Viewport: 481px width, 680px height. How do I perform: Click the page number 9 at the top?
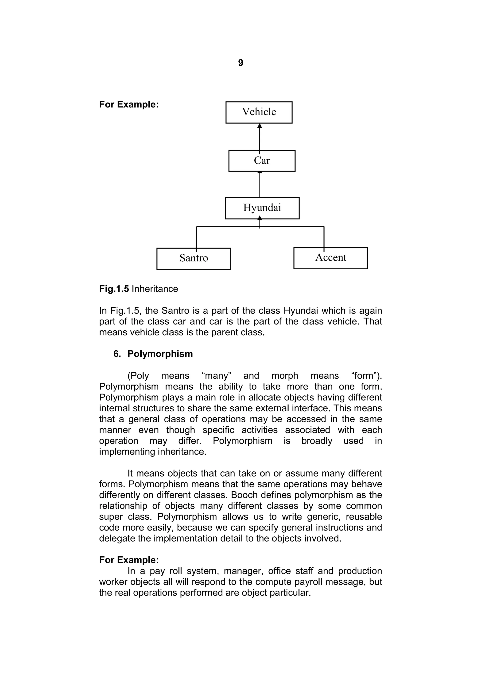[240, 63]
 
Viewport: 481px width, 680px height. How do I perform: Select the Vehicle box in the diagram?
[259, 112]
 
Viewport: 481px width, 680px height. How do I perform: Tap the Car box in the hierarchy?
[262, 161]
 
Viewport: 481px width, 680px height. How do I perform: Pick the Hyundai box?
[262, 208]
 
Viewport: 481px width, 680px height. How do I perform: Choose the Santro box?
[194, 258]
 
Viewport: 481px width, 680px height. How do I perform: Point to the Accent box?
[330, 258]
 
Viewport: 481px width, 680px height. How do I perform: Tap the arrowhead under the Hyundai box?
[260, 218]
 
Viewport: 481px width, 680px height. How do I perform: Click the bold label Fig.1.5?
[114, 289]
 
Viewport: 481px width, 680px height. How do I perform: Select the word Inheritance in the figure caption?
[155, 289]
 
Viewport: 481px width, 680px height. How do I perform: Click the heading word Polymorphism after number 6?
[160, 354]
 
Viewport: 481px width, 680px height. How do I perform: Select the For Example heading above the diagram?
[129, 105]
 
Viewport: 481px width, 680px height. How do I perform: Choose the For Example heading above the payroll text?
[129, 560]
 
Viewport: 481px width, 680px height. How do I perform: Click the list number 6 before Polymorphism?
[116, 354]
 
